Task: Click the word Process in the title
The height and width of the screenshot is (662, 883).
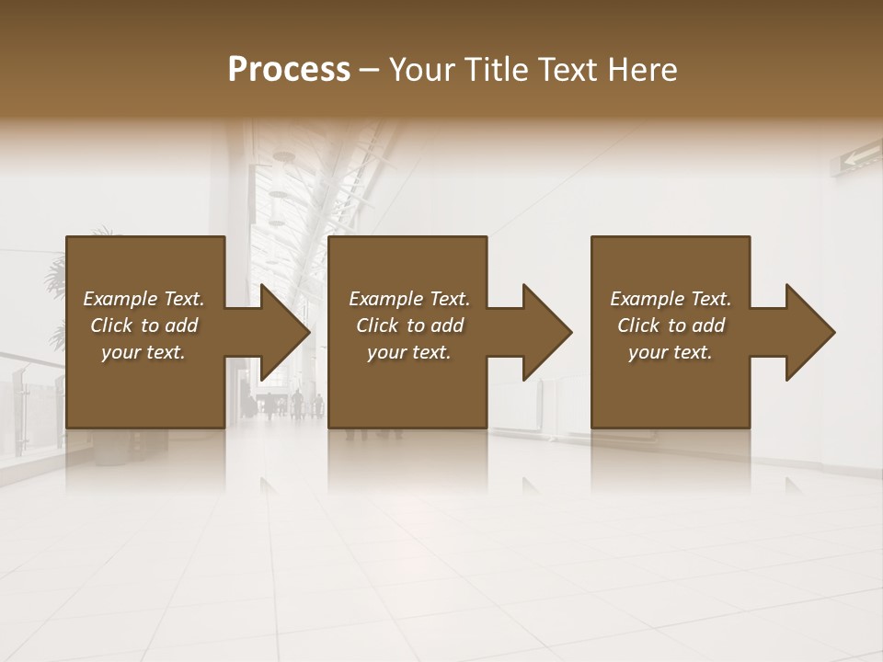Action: [289, 70]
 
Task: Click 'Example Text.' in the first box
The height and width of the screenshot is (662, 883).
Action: [143, 299]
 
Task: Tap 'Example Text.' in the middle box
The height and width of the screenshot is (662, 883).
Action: [409, 299]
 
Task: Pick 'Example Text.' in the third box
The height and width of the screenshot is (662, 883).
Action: [671, 299]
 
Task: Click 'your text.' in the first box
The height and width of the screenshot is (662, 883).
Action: [143, 352]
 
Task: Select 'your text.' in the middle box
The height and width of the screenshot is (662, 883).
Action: [409, 352]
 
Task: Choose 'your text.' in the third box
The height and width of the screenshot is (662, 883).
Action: [671, 352]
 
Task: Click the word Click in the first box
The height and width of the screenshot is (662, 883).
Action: [111, 325]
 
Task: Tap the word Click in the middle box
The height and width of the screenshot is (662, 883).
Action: [377, 325]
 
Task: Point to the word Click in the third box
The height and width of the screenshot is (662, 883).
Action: [638, 325]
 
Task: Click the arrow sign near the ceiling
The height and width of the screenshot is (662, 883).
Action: [854, 160]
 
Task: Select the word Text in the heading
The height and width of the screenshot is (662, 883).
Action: [567, 70]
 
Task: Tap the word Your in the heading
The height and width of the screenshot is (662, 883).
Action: [421, 70]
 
